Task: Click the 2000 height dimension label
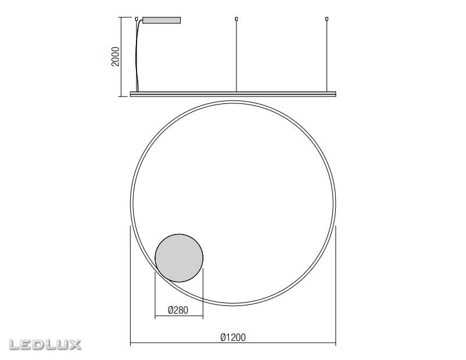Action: pyautogui.click(x=115, y=56)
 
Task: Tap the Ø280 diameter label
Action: pyautogui.click(x=178, y=310)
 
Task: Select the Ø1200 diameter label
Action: pyautogui.click(x=233, y=337)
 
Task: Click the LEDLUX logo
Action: pyautogui.click(x=45, y=344)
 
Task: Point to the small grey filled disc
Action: pyautogui.click(x=179, y=258)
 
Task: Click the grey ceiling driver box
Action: pyautogui.click(x=162, y=20)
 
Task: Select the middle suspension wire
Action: pyautogui.click(x=236, y=56)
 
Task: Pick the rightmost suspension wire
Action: pyautogui.click(x=327, y=56)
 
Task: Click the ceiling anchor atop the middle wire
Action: pyautogui.click(x=236, y=19)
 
